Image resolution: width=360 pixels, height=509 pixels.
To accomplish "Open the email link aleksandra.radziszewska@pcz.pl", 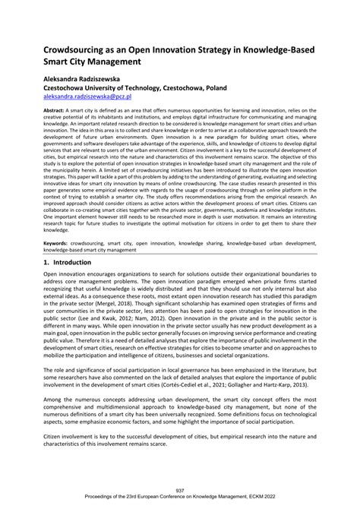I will (x=87, y=97).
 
